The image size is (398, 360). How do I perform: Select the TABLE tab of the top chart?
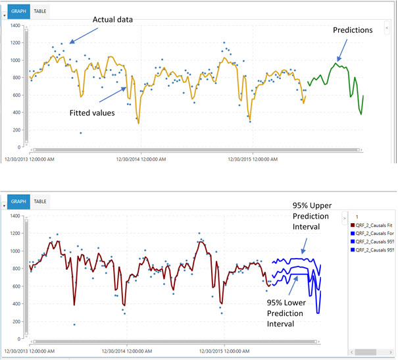tap(40, 11)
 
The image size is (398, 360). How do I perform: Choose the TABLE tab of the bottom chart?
tap(40, 201)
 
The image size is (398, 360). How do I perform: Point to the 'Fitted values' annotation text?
tap(92, 113)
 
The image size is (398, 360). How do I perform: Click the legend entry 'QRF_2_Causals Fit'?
tap(374, 226)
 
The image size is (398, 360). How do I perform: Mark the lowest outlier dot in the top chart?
tap(81, 133)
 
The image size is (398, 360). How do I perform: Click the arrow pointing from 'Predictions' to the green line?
tap(345, 49)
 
